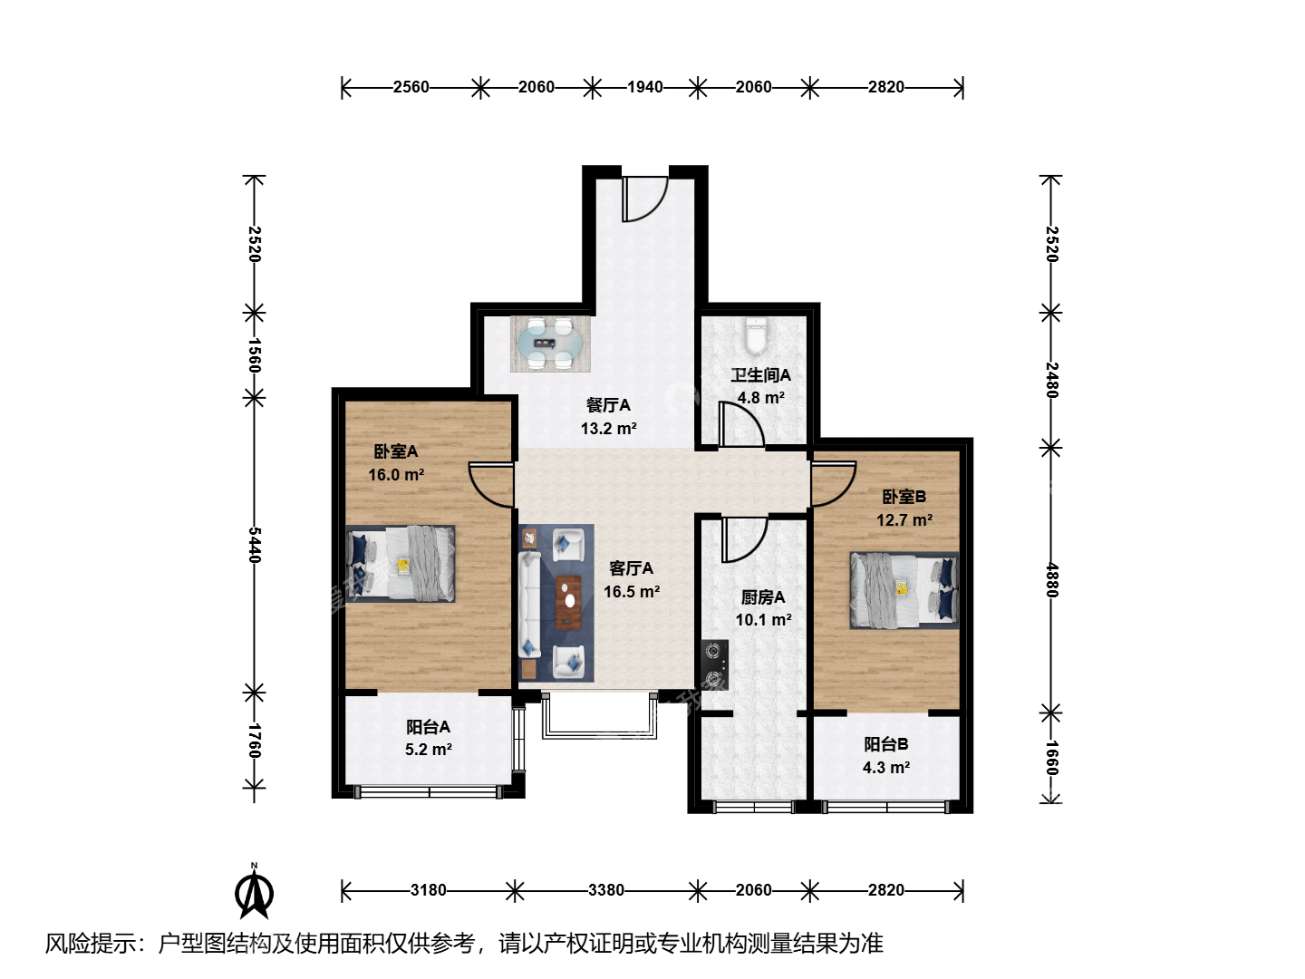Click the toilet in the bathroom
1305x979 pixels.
tap(756, 335)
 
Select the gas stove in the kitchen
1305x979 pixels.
tap(715, 664)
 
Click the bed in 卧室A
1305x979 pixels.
tap(401, 564)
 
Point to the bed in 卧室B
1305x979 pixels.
tap(904, 590)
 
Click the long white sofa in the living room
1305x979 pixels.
tap(529, 605)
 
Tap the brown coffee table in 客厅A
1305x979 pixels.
tap(569, 602)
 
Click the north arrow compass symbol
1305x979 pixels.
tap(254, 890)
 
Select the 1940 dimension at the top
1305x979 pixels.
tap(645, 87)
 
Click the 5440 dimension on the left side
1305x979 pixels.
tap(255, 545)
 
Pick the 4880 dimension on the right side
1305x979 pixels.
tap(1051, 580)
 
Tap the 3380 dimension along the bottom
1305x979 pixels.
tap(606, 890)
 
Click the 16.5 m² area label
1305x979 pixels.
tap(632, 591)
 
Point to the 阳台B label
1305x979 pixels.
tap(885, 743)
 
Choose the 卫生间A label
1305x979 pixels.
tap(760, 375)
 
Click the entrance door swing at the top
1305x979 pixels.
tap(645, 199)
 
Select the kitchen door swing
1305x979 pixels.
tap(744, 539)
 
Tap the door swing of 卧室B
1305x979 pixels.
tap(834, 484)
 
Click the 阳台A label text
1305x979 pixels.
tap(428, 726)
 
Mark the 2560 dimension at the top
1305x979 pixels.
tap(411, 87)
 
